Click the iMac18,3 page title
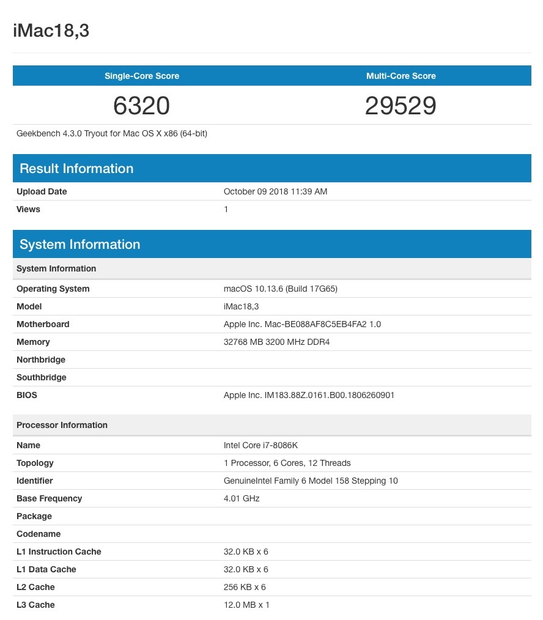pyautogui.click(x=51, y=31)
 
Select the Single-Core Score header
pyautogui.click(x=142, y=76)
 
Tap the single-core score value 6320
pyautogui.click(x=141, y=106)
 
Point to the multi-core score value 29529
pyautogui.click(x=401, y=106)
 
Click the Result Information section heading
pyautogui.click(x=76, y=168)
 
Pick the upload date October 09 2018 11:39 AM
pyautogui.click(x=275, y=191)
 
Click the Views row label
pyautogui.click(x=28, y=209)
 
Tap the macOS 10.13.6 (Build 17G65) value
pyautogui.click(x=281, y=289)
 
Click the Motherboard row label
pyautogui.click(x=43, y=324)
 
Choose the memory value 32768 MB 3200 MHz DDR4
pyautogui.click(x=276, y=342)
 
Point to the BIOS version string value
pyautogui.click(x=309, y=395)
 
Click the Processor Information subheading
pyautogui.click(x=62, y=425)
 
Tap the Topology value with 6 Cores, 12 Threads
pyautogui.click(x=287, y=463)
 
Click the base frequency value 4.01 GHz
pyautogui.click(x=242, y=498)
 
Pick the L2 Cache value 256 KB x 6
pyautogui.click(x=245, y=587)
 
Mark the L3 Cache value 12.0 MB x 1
pyautogui.click(x=246, y=605)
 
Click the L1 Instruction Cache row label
pyautogui.click(x=59, y=552)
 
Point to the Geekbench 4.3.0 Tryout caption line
pyautogui.click(x=112, y=133)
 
